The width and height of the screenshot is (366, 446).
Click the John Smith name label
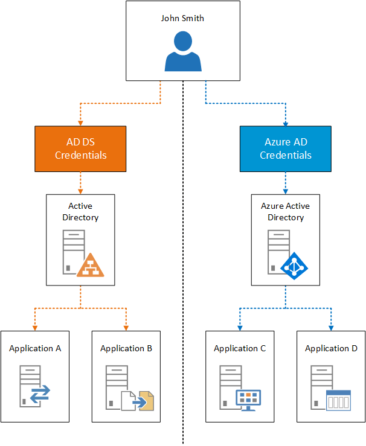182,18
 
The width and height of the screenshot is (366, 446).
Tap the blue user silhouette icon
182,53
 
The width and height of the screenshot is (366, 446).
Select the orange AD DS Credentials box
80,149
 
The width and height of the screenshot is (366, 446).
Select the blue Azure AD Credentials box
286,149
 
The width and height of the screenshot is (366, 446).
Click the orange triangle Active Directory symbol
90,266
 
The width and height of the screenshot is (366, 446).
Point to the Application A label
35,348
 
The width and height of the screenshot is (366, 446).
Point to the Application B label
126,348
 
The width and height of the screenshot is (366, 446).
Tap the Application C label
240,348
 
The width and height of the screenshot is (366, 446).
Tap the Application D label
331,348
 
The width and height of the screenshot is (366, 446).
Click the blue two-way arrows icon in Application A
40,395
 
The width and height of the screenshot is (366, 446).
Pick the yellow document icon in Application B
145,400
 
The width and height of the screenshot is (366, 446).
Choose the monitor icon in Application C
248,400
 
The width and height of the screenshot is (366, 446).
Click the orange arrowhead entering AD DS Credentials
80,123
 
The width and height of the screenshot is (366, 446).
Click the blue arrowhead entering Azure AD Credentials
286,123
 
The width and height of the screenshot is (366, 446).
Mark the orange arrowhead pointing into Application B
126,328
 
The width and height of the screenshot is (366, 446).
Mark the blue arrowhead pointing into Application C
240,328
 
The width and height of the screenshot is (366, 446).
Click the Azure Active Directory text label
286,211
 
